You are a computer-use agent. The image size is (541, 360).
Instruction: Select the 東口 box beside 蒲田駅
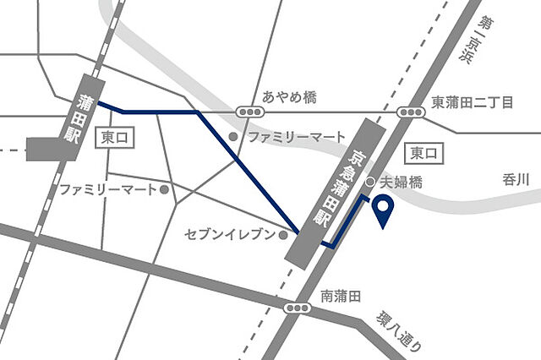pos(117,137)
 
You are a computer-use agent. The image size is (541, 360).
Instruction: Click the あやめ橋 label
pos(289,98)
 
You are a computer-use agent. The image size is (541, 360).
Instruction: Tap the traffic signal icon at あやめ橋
pos(251,111)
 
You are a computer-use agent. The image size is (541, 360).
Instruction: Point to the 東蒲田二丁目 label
pos(473,102)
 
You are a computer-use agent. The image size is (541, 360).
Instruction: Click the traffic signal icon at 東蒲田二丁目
pos(412,111)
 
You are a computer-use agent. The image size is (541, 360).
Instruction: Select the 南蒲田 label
pos(341,297)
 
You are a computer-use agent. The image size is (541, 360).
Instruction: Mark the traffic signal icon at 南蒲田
pos(298,308)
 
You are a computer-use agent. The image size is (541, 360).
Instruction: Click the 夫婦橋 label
pos(400,182)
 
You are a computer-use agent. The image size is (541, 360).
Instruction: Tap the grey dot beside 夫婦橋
pos(370,182)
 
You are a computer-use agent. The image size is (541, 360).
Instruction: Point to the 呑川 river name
pos(515,178)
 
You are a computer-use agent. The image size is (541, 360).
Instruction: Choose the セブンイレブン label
pos(230,234)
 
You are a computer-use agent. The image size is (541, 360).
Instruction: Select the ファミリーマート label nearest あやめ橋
pos(297,136)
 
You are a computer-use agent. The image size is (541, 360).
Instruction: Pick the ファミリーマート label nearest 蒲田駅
pos(107,189)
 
